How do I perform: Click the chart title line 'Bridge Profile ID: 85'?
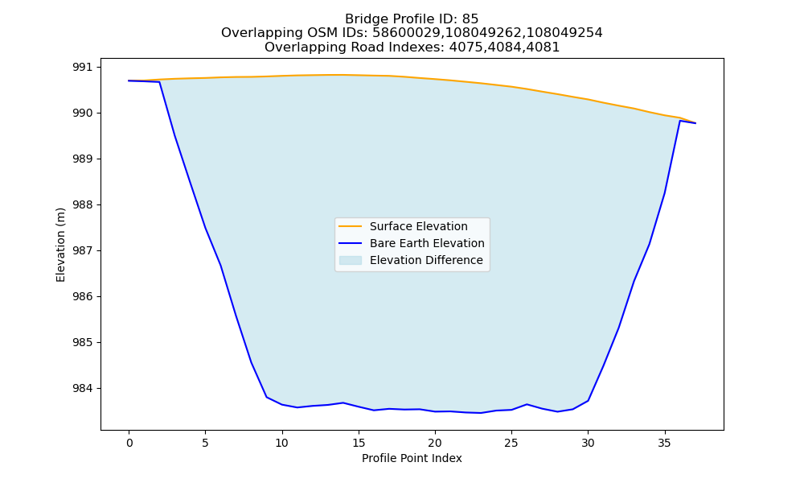point(412,19)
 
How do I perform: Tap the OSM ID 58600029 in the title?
point(400,33)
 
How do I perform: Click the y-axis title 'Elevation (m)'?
point(60,245)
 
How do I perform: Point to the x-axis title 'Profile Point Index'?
point(412,458)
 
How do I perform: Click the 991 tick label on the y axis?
point(83,68)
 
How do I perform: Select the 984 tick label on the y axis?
point(83,389)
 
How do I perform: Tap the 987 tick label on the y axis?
point(83,251)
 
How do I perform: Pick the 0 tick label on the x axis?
point(129,443)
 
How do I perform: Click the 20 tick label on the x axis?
point(435,443)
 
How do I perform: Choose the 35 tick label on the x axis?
point(665,443)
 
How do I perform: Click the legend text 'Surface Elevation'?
point(418,226)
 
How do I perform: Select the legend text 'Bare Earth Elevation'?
point(427,243)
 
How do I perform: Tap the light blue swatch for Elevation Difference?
point(351,260)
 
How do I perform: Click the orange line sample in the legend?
point(351,226)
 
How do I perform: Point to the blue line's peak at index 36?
point(680,121)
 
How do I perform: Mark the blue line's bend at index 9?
point(267,397)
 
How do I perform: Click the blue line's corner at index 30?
point(589,400)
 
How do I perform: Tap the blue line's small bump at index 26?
point(527,404)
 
